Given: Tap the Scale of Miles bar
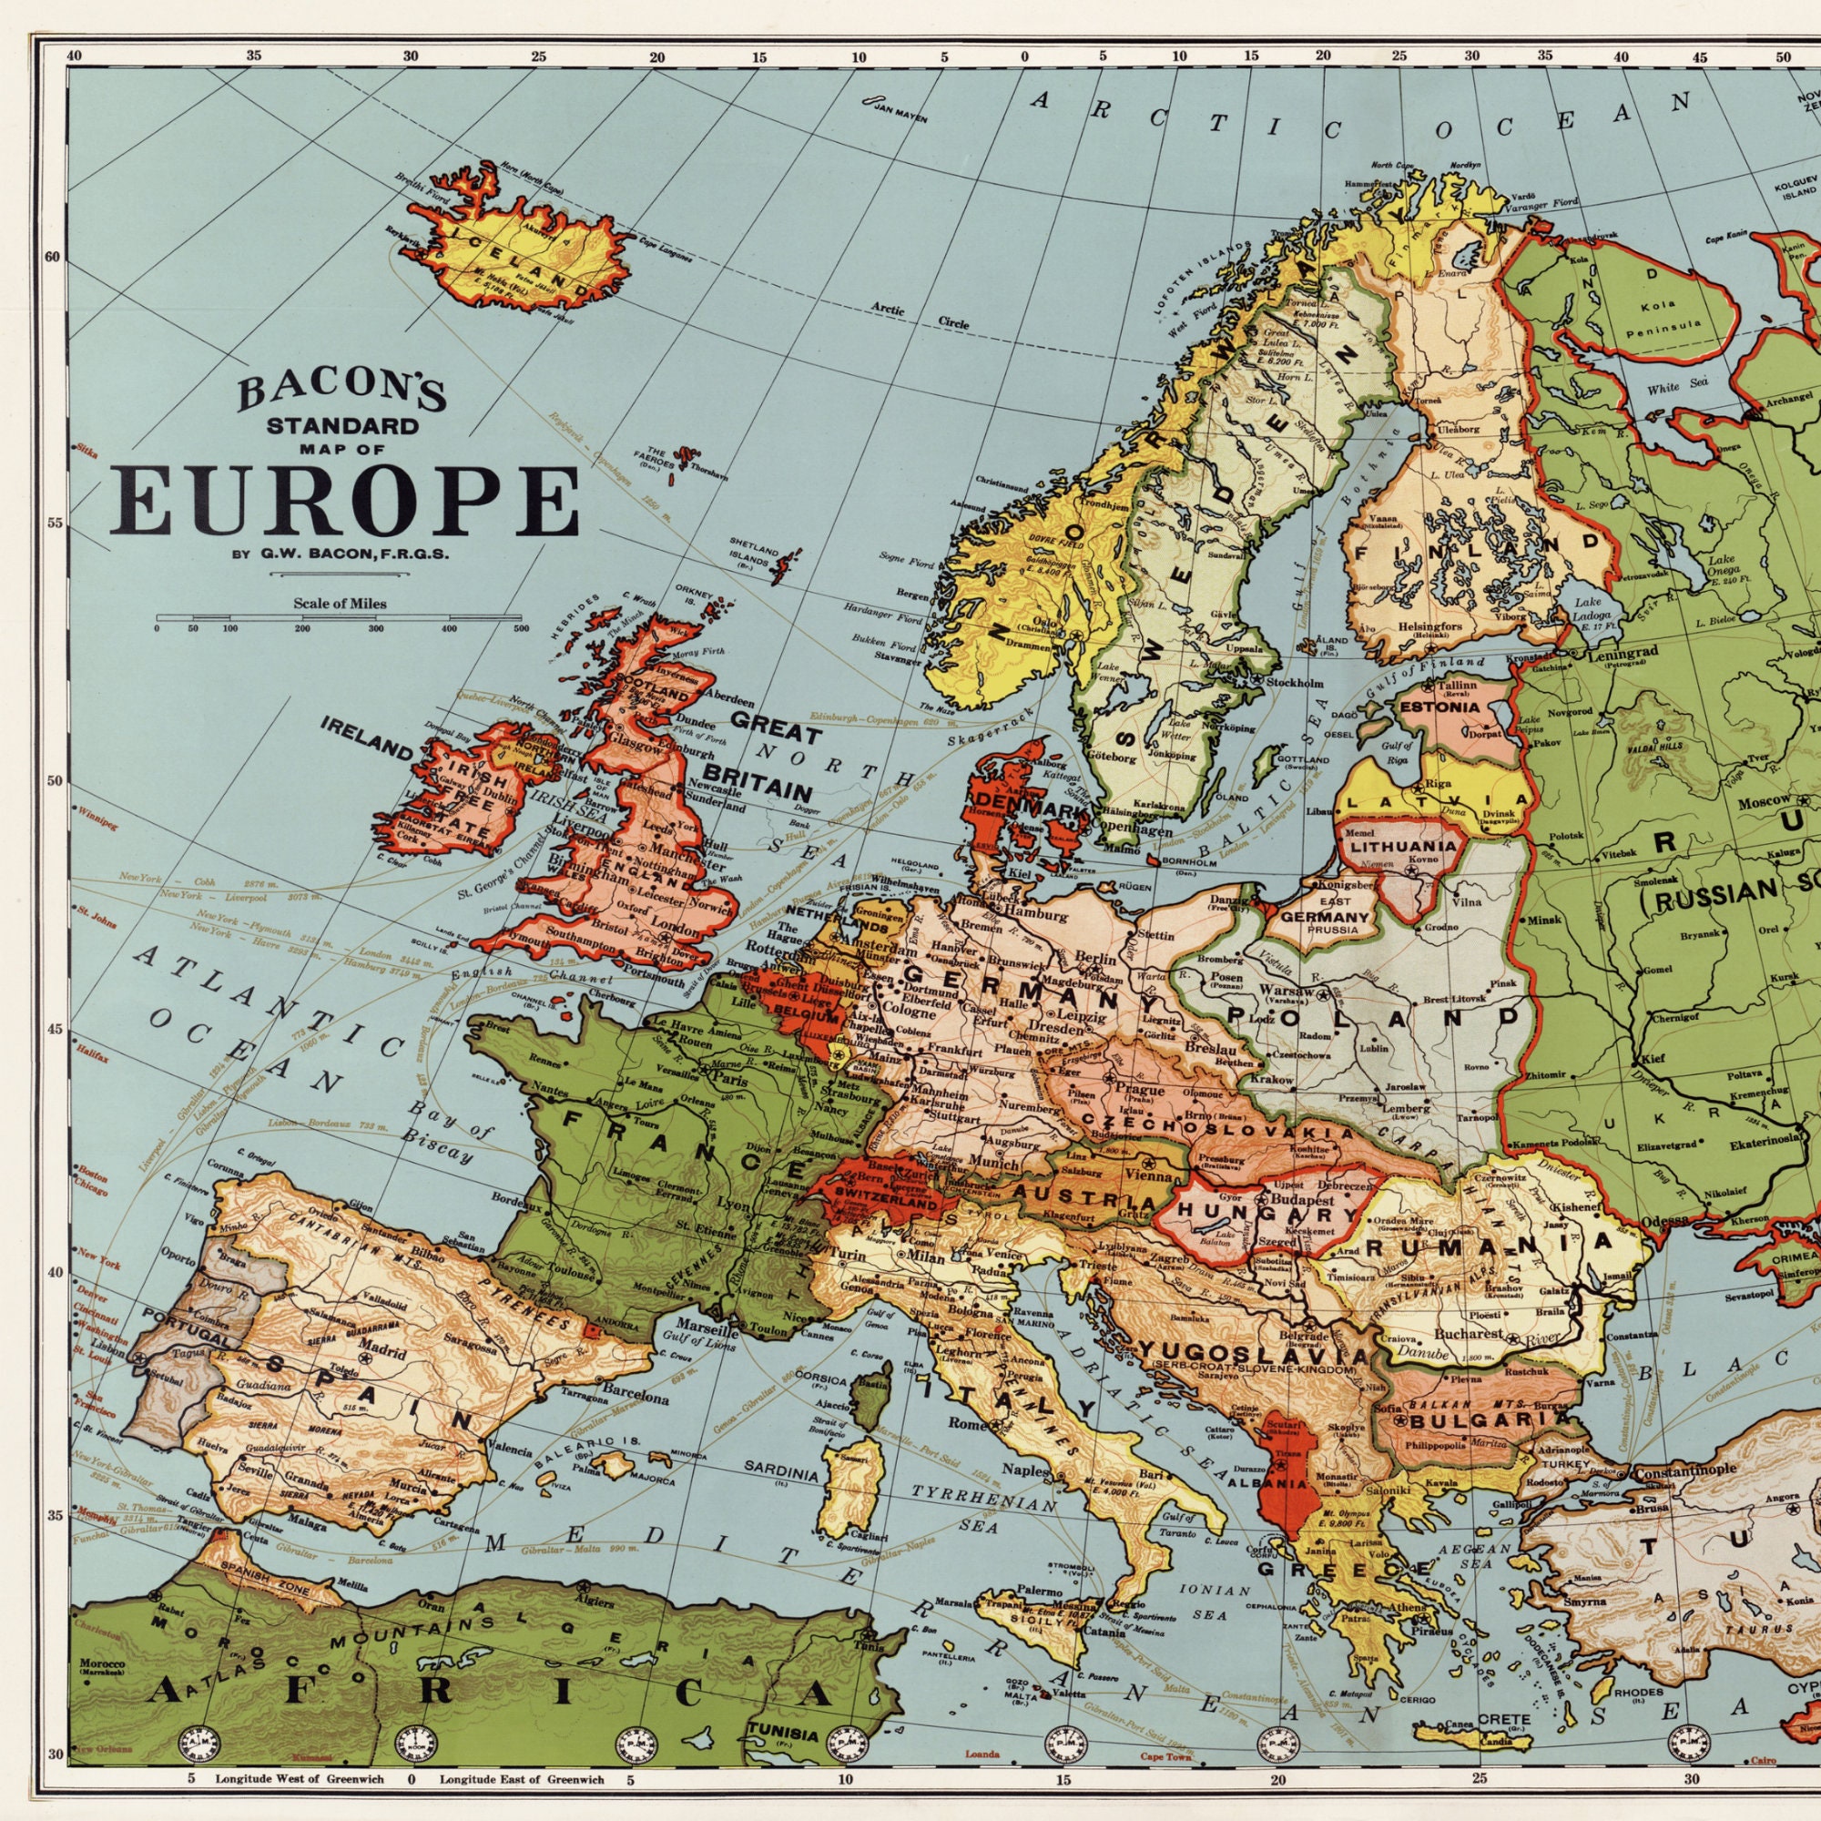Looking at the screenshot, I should click(340, 619).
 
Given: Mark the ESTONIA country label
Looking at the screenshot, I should click(1440, 707).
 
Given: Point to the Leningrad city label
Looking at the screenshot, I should click(1621, 652).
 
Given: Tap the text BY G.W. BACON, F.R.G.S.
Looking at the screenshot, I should click(340, 554).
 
